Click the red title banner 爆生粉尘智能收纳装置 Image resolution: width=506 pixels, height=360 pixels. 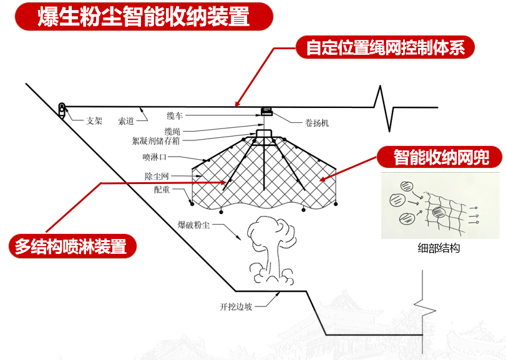pyautogui.click(x=144, y=17)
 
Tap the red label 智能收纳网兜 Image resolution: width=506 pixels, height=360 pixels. pyautogui.click(x=440, y=157)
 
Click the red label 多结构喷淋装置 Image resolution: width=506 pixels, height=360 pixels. pyautogui.click(x=71, y=246)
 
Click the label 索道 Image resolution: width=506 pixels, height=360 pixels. pyautogui.click(x=126, y=122)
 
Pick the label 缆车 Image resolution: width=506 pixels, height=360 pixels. pyautogui.click(x=175, y=116)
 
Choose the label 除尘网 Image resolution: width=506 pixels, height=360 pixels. pyautogui.click(x=157, y=177)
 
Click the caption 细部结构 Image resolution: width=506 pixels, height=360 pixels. pyautogui.click(x=439, y=248)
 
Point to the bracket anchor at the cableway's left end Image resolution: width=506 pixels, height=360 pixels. pyautogui.click(x=61, y=109)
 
